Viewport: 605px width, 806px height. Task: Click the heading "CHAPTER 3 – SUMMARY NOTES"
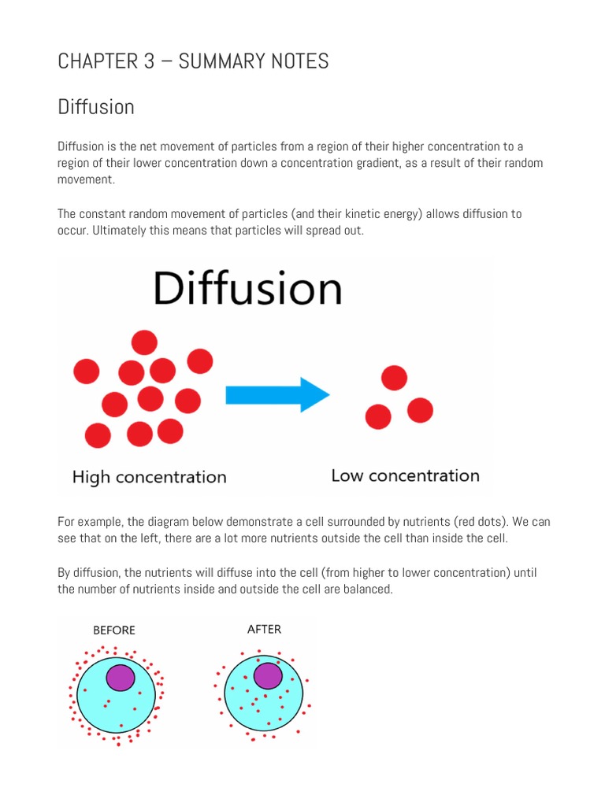click(193, 61)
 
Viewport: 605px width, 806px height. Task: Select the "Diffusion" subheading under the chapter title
click(96, 107)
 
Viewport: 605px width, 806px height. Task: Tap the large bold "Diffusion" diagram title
click(247, 289)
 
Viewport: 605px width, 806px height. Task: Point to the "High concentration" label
click(149, 477)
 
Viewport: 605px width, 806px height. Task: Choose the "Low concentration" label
click(405, 475)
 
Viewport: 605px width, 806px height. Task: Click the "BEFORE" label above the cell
click(114, 630)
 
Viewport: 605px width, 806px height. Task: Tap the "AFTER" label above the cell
click(264, 629)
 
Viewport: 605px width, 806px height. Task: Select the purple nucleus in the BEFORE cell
click(121, 678)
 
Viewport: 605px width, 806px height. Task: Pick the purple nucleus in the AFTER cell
click(268, 675)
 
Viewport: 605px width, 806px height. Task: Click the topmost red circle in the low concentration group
click(394, 378)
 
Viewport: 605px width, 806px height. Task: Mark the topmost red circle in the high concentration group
click(144, 342)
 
